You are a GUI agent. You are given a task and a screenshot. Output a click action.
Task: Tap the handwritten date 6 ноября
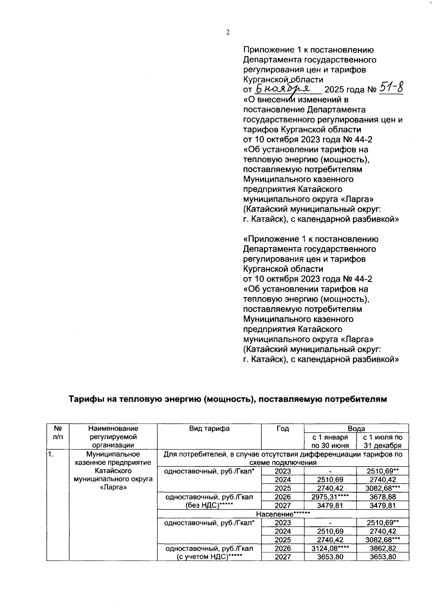(287, 88)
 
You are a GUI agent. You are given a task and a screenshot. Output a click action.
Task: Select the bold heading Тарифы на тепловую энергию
(228, 399)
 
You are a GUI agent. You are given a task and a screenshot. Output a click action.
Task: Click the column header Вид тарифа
(210, 428)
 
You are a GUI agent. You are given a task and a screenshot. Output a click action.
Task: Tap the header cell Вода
(356, 428)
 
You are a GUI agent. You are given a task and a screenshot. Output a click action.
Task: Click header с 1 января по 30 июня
(330, 441)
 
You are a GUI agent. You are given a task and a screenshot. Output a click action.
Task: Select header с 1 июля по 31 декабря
(382, 441)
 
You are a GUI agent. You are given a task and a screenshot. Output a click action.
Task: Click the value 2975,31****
(330, 497)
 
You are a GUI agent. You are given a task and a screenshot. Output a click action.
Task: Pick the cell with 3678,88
(382, 497)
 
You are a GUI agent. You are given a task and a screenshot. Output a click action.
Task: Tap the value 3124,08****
(330, 548)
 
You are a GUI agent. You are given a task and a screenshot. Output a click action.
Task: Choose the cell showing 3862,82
(382, 548)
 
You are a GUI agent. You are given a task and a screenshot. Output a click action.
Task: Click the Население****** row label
(283, 514)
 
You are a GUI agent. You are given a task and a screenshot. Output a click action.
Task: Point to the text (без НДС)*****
(209, 506)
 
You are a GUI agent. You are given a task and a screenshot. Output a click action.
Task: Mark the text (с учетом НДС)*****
(209, 557)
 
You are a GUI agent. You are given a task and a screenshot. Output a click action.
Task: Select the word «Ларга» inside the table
(113, 488)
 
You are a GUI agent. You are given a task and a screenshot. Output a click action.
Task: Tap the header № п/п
(57, 433)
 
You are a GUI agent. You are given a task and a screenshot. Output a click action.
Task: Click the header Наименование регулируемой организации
(113, 437)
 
